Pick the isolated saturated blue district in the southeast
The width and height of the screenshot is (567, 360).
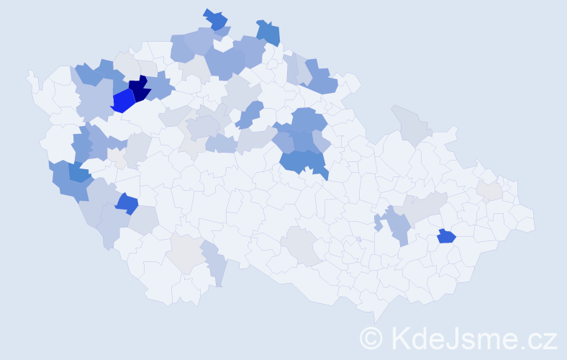tap(446, 235)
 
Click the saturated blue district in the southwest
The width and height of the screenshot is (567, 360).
tap(127, 204)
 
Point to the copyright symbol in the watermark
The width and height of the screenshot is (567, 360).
tap(371, 338)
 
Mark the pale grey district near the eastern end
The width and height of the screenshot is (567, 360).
tap(489, 190)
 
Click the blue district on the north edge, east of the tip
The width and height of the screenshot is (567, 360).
tap(268, 32)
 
